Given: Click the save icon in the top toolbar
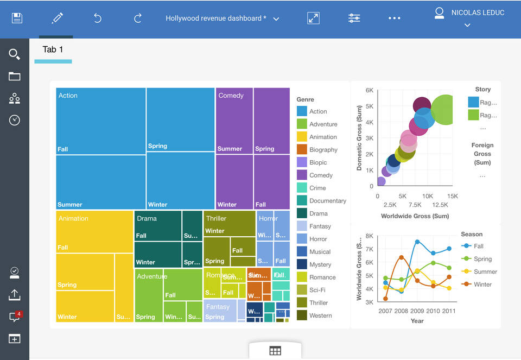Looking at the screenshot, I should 17,18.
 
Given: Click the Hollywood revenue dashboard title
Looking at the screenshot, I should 216,18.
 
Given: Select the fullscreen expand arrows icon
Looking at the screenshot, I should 313,18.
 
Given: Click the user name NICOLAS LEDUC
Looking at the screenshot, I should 478,12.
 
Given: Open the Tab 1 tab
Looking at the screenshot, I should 53,49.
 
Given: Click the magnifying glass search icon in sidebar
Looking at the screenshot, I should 15,54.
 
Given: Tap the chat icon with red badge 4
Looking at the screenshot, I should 15,317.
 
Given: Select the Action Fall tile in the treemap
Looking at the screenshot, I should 100,121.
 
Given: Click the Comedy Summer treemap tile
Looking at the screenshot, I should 234,121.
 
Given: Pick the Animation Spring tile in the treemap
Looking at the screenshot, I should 85,271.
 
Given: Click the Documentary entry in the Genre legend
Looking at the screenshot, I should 327,201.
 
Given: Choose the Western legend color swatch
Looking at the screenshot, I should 302,315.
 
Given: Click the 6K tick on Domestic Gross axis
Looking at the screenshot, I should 369,90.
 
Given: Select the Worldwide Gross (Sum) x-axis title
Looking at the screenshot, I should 415,216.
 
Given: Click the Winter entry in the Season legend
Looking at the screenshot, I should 482,284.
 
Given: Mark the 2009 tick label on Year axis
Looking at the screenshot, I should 417,311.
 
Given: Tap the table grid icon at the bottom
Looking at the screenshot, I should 275,351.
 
